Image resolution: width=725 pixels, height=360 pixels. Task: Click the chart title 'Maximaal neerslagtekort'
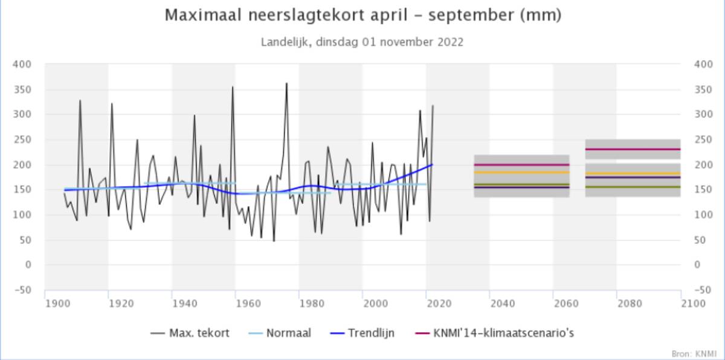pyautogui.click(x=362, y=16)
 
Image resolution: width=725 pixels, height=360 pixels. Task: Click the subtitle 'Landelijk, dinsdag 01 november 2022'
pyautogui.click(x=362, y=42)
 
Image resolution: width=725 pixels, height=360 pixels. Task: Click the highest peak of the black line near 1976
pyautogui.click(x=286, y=84)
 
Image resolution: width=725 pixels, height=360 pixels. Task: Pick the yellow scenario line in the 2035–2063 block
pyautogui.click(x=521, y=172)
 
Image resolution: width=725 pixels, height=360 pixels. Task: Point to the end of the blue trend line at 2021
pyautogui.click(x=433, y=164)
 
